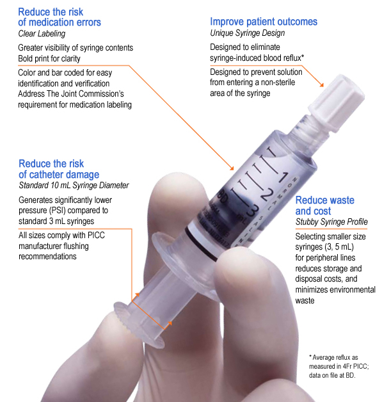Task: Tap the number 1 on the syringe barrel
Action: pos(283,177)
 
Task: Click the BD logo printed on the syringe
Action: pos(222,197)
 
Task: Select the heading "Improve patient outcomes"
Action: pos(264,22)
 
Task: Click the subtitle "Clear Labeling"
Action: pos(42,33)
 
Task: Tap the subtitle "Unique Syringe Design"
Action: pos(248,33)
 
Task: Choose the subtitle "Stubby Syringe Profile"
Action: pos(331,221)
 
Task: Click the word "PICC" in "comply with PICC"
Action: pos(96,235)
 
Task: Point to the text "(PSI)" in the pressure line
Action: pos(57,211)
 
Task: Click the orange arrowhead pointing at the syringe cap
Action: pos(322,84)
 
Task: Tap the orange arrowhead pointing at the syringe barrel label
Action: pos(232,168)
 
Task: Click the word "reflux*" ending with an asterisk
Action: pos(294,58)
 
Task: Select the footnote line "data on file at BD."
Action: pos(332,375)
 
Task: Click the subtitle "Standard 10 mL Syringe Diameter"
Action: pos(74,185)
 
